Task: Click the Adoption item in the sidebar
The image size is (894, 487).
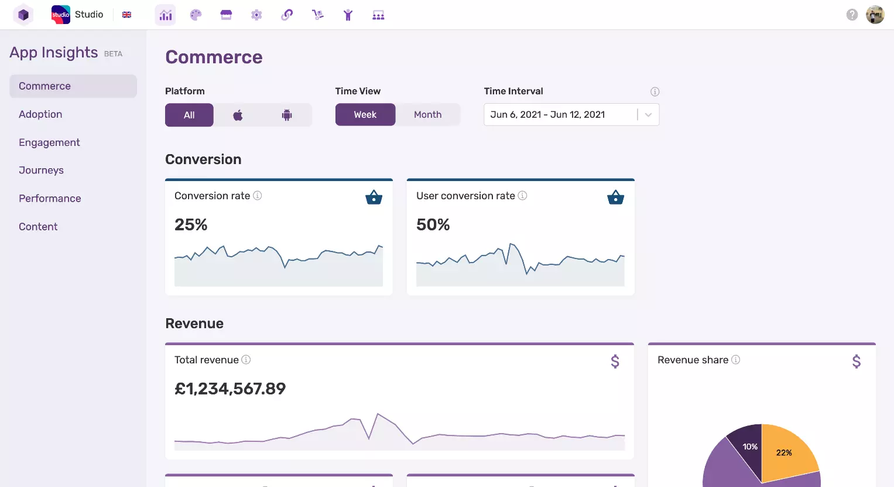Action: (x=40, y=114)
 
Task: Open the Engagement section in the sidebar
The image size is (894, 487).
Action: (x=49, y=142)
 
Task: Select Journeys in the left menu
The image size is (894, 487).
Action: (x=41, y=171)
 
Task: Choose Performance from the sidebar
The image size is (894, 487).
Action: (x=50, y=199)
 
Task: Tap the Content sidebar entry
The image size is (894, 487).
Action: (x=38, y=227)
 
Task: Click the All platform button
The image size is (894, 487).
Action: (x=189, y=115)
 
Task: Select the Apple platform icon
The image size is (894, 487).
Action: (x=238, y=115)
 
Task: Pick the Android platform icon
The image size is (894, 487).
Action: (x=287, y=115)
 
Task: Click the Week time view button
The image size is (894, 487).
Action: (x=365, y=115)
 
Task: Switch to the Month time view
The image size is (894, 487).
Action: (x=427, y=115)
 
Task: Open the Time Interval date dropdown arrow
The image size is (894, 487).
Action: (x=648, y=115)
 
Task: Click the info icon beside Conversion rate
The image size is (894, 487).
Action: (x=257, y=196)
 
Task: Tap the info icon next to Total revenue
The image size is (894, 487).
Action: (x=246, y=360)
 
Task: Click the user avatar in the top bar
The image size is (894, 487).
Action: (x=875, y=15)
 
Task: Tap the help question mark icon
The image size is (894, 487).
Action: (x=852, y=15)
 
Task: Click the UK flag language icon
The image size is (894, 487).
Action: (x=126, y=15)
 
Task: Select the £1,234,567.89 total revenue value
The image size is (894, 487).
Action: (x=230, y=389)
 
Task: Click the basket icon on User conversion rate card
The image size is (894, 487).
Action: (x=615, y=197)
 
